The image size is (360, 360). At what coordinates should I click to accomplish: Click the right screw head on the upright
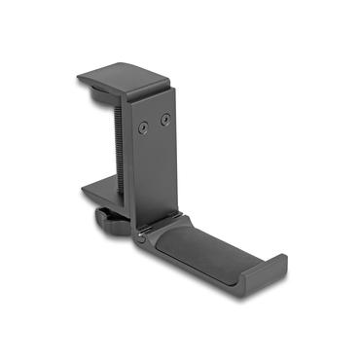click(x=165, y=120)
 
